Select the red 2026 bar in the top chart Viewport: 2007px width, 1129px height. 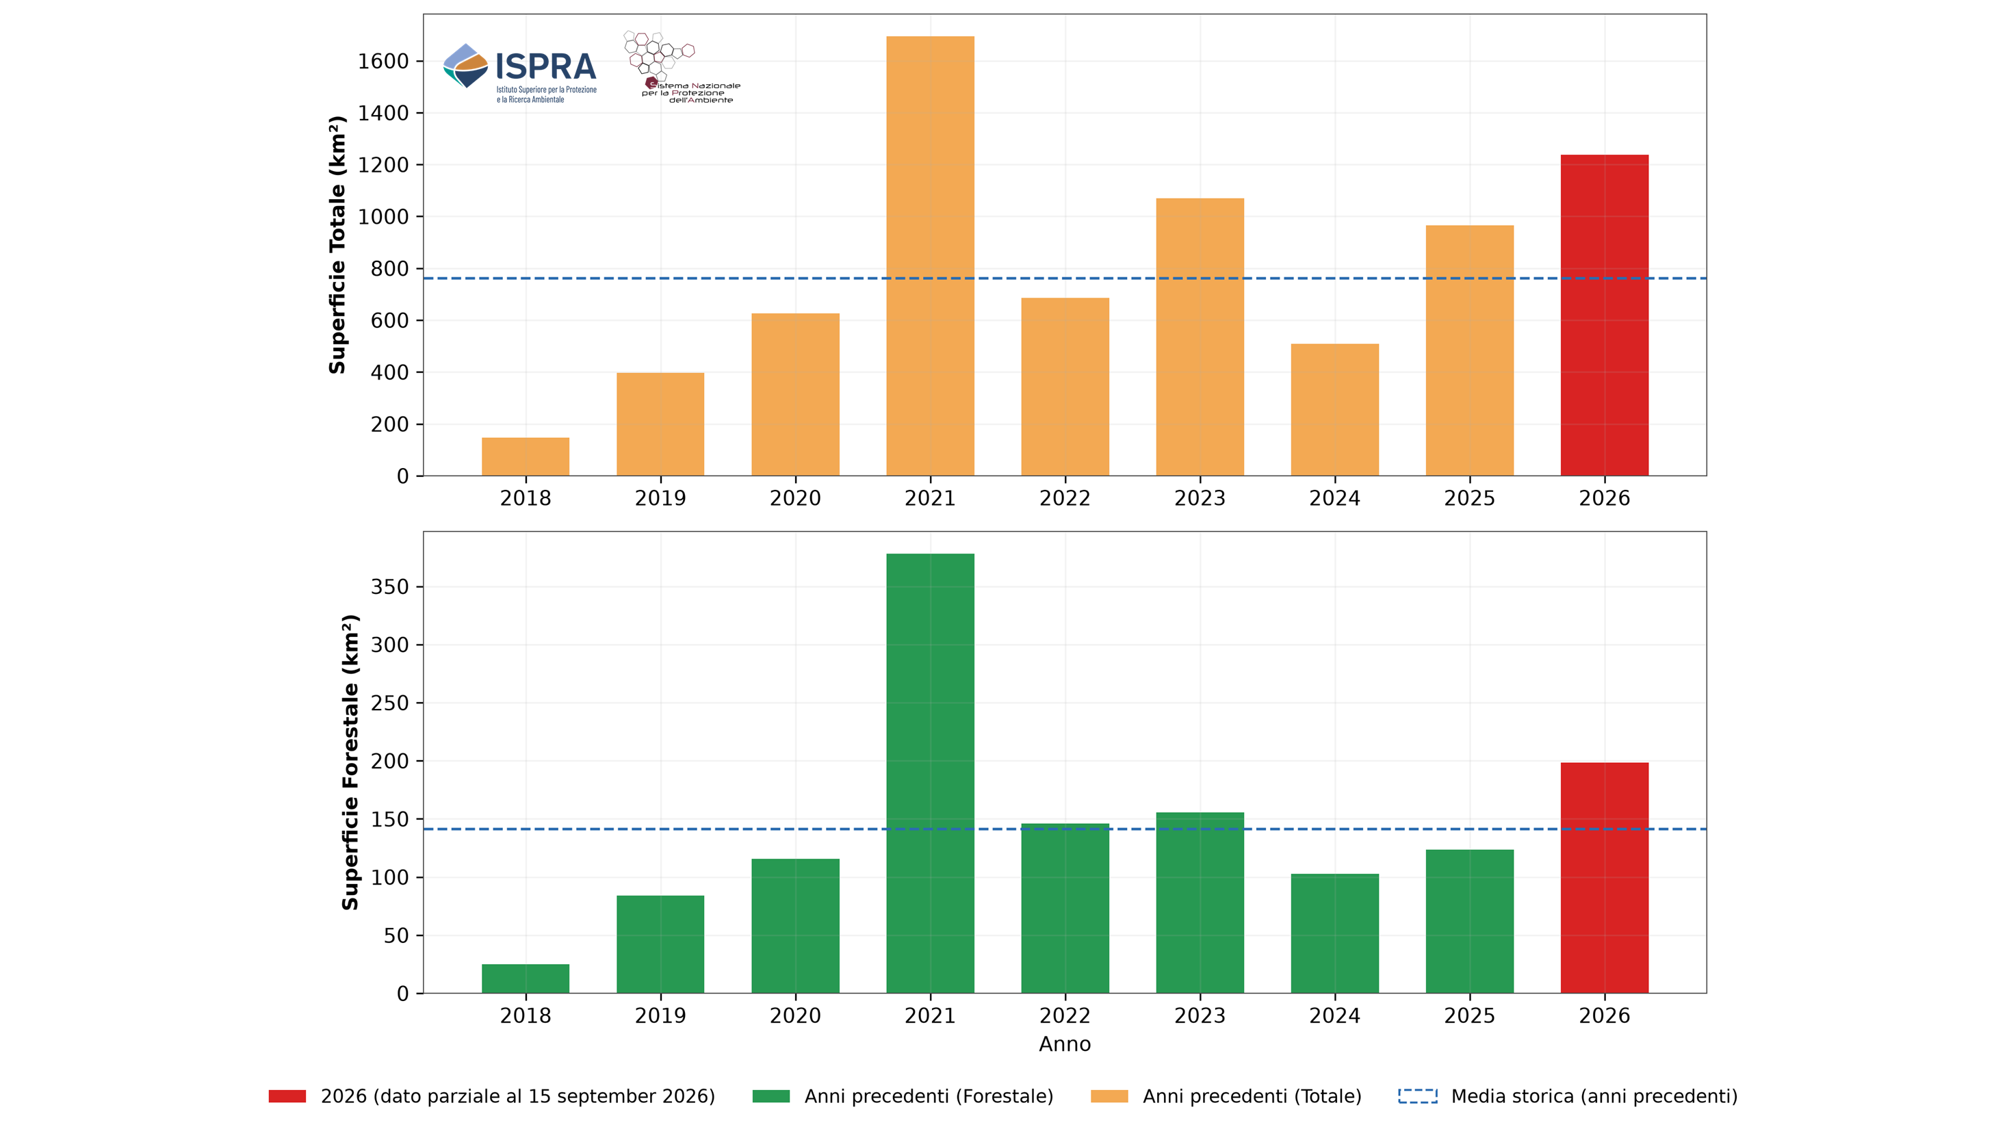(x=1604, y=315)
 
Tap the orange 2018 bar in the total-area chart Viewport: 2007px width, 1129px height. (x=526, y=456)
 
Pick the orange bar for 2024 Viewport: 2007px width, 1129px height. (x=1334, y=410)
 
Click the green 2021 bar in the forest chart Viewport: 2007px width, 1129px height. (x=930, y=773)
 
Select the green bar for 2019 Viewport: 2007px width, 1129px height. (x=661, y=944)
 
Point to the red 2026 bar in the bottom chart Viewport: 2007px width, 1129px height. (x=1604, y=877)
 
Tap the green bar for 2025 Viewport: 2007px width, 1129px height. (x=1469, y=921)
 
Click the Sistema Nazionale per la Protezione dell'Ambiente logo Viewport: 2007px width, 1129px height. (x=681, y=68)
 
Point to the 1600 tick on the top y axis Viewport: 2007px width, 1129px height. (x=383, y=62)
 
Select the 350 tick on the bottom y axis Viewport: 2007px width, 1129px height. (x=389, y=586)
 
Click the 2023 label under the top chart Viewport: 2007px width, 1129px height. (x=1200, y=498)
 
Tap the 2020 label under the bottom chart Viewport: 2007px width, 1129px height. (x=795, y=1015)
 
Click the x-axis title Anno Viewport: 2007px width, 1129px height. (x=1065, y=1044)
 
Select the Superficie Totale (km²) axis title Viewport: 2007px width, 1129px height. (x=337, y=245)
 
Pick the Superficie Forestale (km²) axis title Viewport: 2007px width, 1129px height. (x=350, y=762)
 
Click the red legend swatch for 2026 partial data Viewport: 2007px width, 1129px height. (x=287, y=1096)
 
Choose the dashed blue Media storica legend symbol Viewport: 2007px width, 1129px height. (x=1418, y=1096)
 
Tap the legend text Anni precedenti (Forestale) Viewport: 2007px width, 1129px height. (x=929, y=1096)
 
